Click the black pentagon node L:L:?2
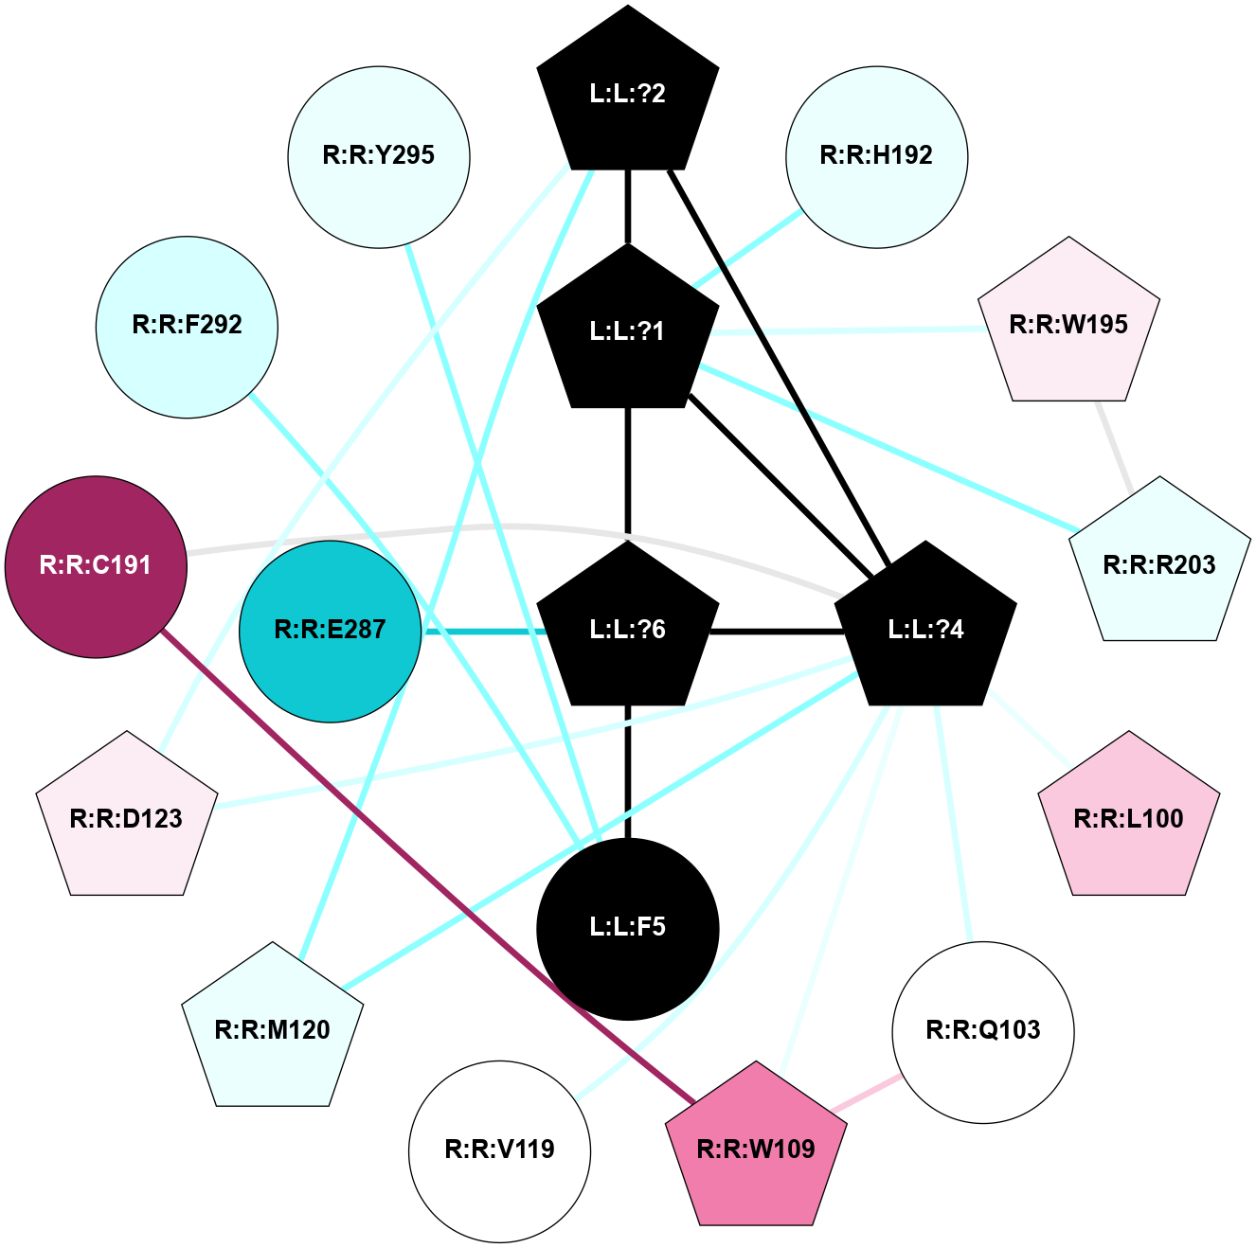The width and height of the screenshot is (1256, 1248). [628, 93]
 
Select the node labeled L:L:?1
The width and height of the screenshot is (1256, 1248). [628, 330]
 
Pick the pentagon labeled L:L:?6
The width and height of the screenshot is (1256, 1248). [628, 630]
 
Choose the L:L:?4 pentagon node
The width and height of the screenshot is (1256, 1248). [925, 630]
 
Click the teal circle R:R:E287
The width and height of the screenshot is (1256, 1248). [330, 631]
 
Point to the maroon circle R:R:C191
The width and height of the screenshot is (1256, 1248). [96, 566]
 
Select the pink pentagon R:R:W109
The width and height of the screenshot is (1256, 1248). [756, 1150]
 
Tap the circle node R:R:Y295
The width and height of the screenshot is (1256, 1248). [379, 156]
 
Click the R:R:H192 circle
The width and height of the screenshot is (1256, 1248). [876, 156]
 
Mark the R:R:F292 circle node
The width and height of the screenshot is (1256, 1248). [187, 326]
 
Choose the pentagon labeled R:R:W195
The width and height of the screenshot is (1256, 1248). [1068, 326]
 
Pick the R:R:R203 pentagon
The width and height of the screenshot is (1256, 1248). [1159, 566]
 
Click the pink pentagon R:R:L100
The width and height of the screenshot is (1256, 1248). [1128, 819]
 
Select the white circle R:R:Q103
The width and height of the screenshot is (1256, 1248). [983, 1031]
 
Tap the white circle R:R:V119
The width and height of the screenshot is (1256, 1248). [499, 1150]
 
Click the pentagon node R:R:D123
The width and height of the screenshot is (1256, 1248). [127, 819]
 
